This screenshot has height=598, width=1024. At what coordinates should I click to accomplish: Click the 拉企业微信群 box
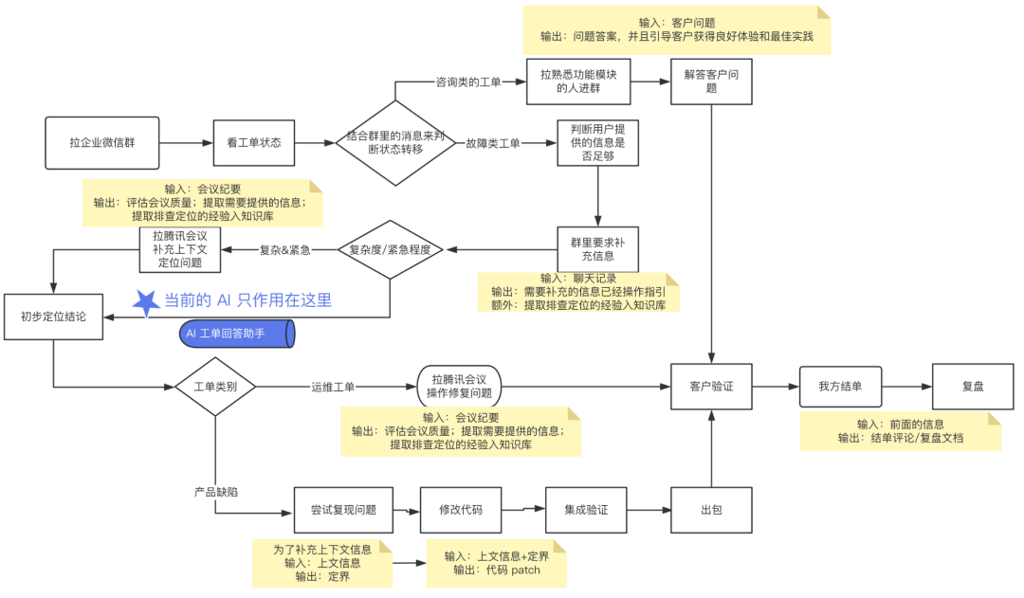pos(101,143)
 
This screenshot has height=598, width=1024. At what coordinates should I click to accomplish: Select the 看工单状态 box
pos(253,143)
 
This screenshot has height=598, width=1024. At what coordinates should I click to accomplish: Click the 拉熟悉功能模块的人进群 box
pos(578,82)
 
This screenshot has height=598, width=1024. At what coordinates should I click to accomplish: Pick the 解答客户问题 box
pos(711,82)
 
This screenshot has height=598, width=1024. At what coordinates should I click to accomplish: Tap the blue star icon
pos(145,301)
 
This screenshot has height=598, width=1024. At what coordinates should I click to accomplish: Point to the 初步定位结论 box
pos(52,317)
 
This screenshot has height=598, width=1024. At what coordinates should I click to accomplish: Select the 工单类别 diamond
pos(215,387)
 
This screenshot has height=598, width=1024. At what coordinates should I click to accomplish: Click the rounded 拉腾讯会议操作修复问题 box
pos(459,387)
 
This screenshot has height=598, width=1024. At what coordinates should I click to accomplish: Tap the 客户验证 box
pos(711,387)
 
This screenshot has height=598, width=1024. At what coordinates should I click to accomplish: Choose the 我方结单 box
pos(841,387)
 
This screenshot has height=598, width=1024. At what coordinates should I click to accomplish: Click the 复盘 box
pos(973,387)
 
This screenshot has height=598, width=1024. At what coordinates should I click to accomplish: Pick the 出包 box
pos(711,510)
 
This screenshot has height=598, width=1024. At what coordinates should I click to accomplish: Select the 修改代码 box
pos(460,510)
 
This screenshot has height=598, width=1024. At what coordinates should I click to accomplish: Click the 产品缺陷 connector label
pos(215,492)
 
